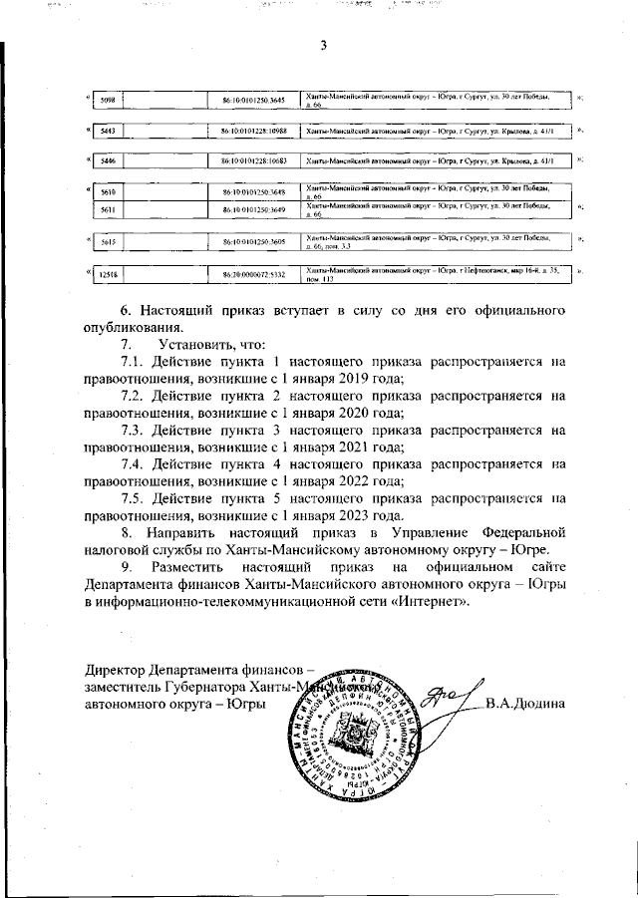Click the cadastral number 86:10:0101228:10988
tap(254, 132)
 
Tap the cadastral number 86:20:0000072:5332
tap(254, 272)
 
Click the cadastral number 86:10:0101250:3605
tap(254, 241)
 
